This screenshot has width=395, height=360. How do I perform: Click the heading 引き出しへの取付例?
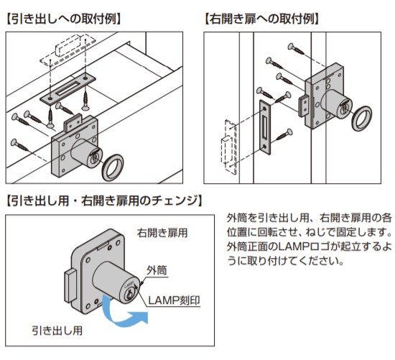64,19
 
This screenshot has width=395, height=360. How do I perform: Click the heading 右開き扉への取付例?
261,19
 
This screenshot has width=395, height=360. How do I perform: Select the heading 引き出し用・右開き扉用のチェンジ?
104,201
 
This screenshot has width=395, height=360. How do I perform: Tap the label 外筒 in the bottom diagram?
157,270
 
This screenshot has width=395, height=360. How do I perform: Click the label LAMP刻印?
174,300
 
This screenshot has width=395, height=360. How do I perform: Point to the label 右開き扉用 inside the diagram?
162,233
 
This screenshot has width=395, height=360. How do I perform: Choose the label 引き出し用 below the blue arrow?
57,331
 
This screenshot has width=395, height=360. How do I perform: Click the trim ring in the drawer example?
113,167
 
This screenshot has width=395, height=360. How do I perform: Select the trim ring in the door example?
362,119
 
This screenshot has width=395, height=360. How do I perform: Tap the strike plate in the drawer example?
68,88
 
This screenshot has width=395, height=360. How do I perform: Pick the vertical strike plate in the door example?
265,126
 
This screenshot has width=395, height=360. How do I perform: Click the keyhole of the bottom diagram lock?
129,293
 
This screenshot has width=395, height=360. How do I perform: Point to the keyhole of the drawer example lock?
95,157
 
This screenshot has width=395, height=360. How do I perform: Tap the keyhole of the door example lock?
343,109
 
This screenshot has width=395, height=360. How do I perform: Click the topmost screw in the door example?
296,49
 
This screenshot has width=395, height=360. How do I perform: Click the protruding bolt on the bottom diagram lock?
70,286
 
